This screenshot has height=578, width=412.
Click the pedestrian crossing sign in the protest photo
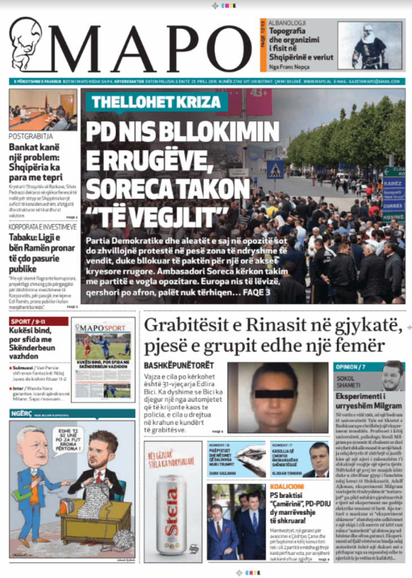(x=275, y=169)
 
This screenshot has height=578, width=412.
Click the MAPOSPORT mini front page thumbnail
(x=104, y=359)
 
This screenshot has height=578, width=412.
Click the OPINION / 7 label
(x=351, y=366)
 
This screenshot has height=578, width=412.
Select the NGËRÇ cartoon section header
(x=21, y=414)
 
